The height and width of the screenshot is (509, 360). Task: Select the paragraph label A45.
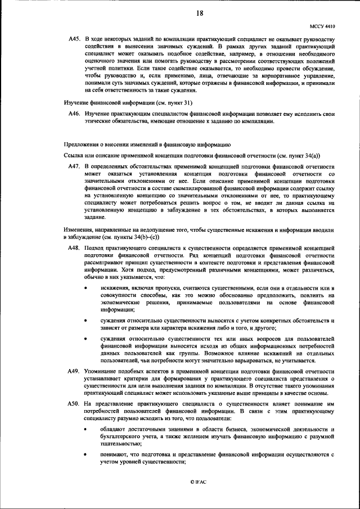pyautogui.click(x=74, y=38)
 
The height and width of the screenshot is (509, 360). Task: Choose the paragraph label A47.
pyautogui.click(x=74, y=168)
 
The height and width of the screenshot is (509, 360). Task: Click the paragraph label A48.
pyautogui.click(x=74, y=247)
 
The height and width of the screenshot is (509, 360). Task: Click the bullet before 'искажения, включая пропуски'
pyautogui.click(x=85, y=287)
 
